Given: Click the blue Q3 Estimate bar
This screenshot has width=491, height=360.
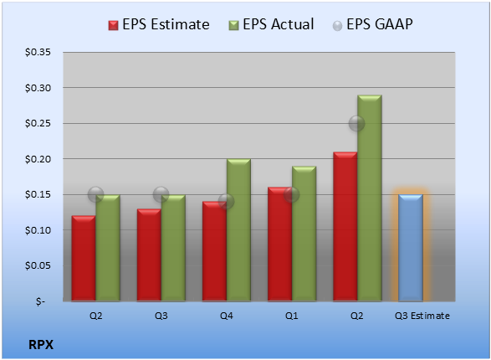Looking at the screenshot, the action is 411,248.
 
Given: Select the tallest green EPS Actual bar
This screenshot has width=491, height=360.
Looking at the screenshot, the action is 370,198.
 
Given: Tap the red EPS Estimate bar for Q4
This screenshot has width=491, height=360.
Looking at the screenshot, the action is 214,251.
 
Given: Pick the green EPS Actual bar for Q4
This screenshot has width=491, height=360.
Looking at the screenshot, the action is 238,230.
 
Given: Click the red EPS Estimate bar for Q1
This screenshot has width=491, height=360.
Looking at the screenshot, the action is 280,244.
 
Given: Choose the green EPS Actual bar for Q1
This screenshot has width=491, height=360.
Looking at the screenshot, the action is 304,234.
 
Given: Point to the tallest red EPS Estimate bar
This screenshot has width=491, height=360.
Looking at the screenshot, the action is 345,227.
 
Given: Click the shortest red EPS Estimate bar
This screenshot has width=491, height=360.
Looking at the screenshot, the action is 84,259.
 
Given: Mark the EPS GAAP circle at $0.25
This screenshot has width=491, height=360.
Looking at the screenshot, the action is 356,123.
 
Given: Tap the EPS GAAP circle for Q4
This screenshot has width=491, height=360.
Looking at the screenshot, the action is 226,201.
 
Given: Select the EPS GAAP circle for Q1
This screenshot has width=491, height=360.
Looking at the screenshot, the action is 292,194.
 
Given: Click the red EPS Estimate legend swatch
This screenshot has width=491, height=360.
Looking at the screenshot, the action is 114,25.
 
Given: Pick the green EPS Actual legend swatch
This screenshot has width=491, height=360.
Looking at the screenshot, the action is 233,25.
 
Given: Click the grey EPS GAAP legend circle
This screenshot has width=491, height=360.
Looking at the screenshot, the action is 337,26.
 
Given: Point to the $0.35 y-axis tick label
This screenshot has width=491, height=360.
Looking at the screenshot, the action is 38,52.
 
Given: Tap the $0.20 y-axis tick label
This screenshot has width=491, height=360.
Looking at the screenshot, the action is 38,159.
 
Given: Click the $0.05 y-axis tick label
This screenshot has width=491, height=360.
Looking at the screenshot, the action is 38,265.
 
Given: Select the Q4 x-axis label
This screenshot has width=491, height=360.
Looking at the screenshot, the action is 227,316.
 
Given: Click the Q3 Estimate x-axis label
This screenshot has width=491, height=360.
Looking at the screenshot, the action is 422,316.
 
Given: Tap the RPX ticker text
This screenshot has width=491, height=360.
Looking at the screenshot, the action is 41,345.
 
